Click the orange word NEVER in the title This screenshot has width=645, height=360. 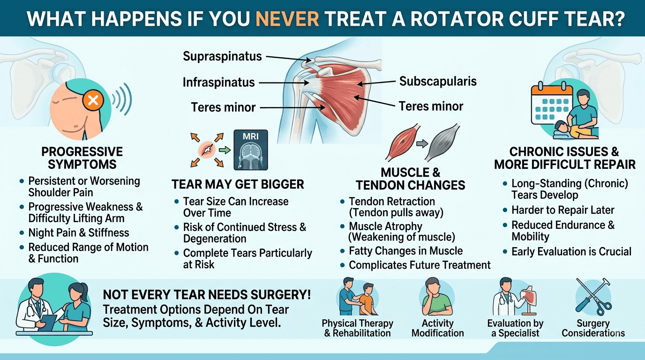click(287, 19)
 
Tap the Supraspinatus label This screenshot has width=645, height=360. click(222, 56)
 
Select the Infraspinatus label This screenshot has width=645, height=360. click(219, 82)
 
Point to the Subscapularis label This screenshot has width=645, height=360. click(438, 82)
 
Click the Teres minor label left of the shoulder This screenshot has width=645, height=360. click(223, 107)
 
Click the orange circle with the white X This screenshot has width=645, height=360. click(93, 101)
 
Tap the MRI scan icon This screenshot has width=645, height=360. click(250, 150)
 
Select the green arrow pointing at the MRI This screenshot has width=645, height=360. click(225, 150)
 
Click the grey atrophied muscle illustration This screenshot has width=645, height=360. click(442, 142)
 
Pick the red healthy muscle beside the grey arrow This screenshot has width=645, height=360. click(403, 142)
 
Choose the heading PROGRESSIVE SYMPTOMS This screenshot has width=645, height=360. click(82, 158)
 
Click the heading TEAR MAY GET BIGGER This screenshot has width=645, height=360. click(238, 184)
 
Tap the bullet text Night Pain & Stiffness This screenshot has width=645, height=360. click(79, 232)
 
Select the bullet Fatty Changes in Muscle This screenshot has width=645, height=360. click(406, 251)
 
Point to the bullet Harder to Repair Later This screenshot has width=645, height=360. click(563, 210)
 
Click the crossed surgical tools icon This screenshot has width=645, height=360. click(593, 297)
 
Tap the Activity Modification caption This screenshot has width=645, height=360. click(438, 328)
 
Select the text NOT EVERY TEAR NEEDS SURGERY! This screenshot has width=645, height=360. click(207, 295)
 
